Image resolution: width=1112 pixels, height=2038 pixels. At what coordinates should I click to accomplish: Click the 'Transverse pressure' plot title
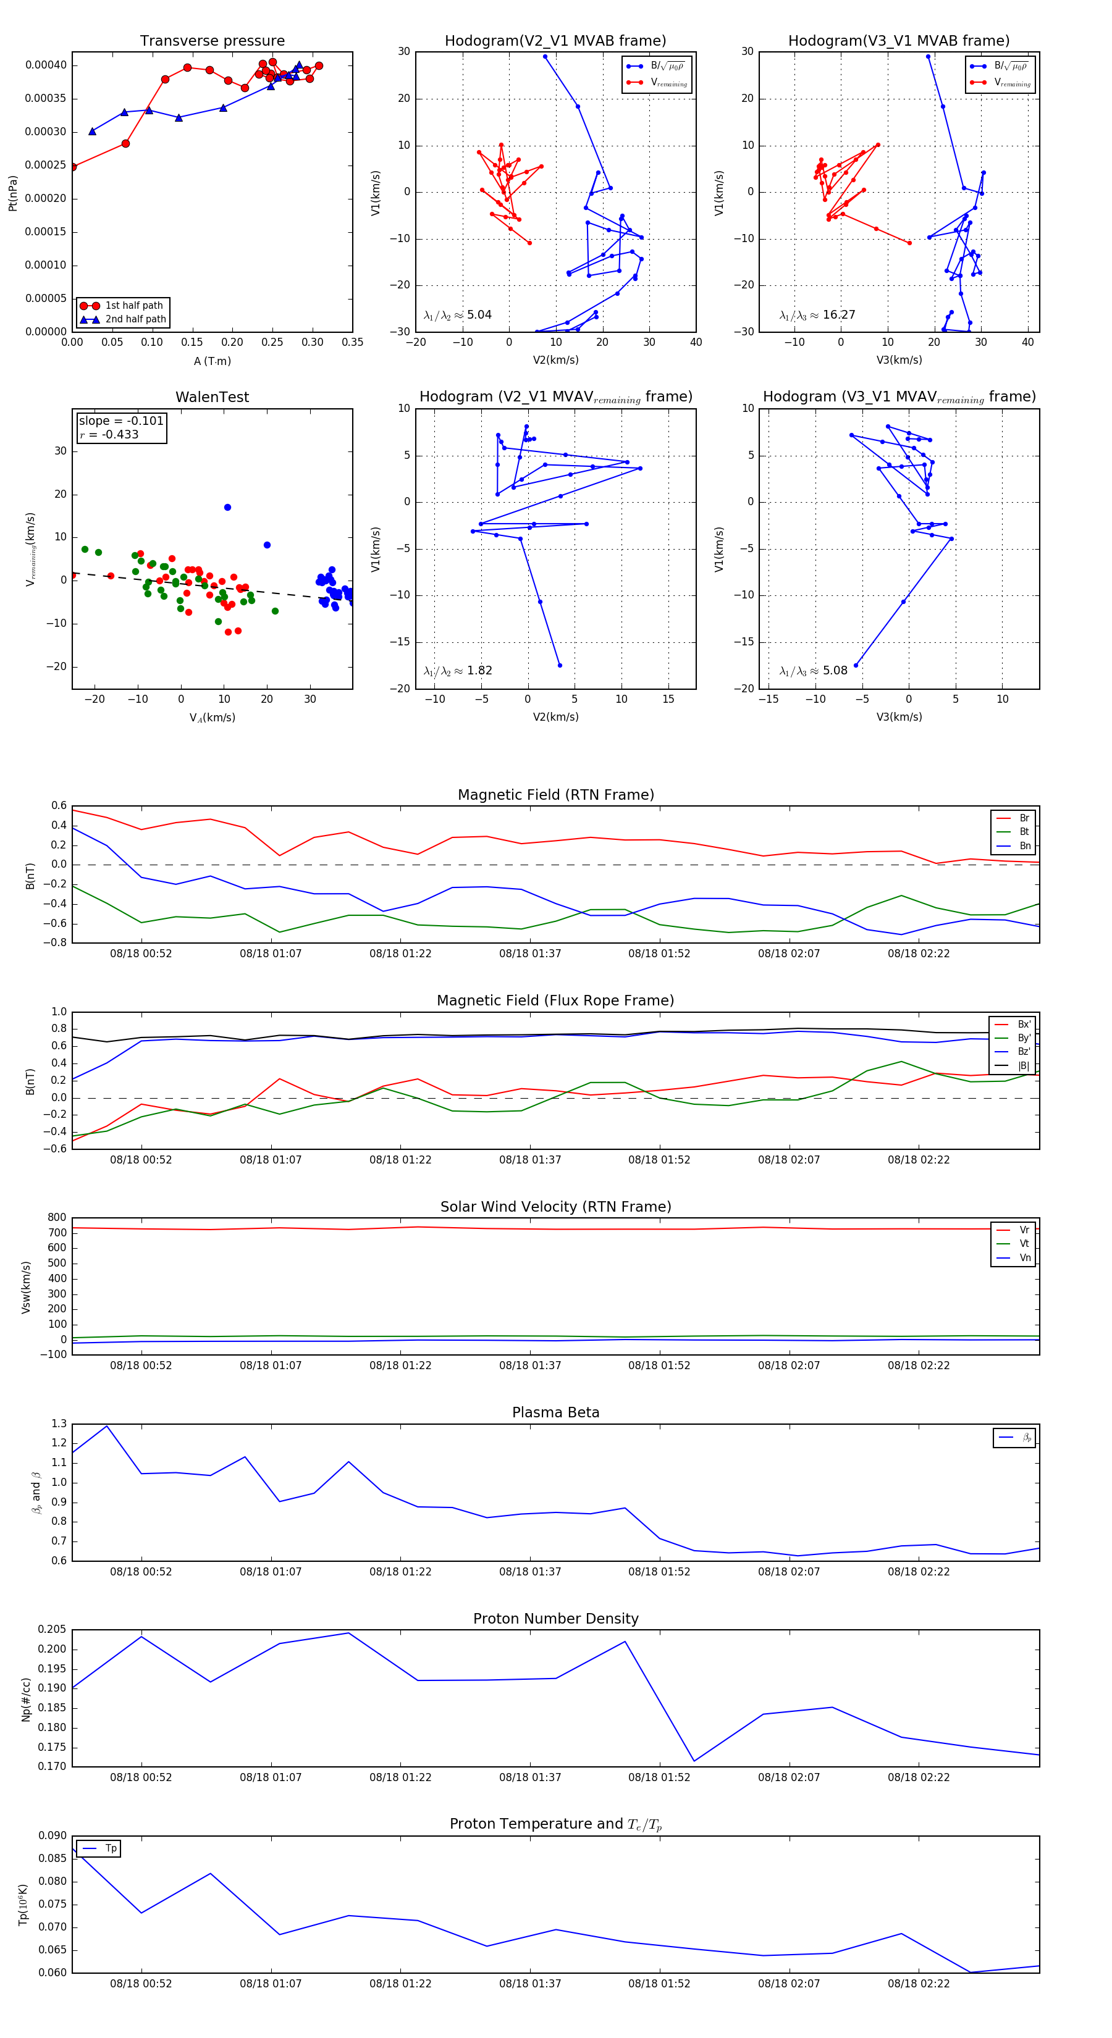(x=212, y=41)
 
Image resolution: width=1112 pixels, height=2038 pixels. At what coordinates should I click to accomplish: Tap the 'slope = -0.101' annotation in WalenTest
(x=121, y=421)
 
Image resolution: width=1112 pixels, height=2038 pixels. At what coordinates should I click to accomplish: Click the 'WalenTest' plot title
(x=212, y=397)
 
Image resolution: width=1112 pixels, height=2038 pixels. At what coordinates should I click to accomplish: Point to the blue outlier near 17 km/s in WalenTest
(x=228, y=507)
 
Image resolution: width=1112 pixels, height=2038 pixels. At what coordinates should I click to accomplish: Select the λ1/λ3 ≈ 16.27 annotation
(x=817, y=315)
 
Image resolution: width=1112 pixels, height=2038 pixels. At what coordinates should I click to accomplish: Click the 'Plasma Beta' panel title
(x=555, y=1412)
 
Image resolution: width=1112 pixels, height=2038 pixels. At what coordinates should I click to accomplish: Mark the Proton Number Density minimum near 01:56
(x=694, y=1761)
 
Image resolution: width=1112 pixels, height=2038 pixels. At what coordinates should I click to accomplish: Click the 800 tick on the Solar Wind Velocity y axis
(x=57, y=1218)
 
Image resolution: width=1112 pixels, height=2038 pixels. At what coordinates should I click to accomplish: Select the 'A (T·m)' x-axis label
(x=212, y=361)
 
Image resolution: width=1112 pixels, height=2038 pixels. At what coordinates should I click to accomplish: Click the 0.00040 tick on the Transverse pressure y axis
(x=46, y=65)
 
